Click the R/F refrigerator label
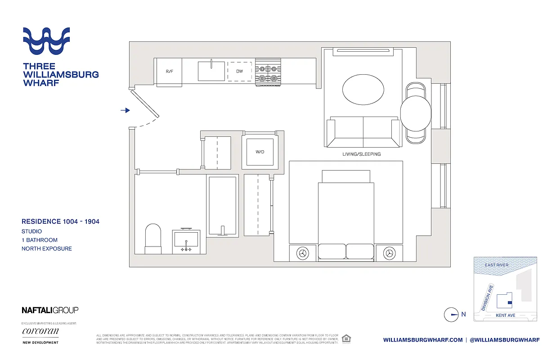pos(169,72)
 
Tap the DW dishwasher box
pos(240,72)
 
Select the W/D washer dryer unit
pos(260,152)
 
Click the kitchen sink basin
pos(211,71)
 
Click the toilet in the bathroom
pos(153,238)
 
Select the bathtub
pos(222,205)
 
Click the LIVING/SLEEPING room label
pos(361,154)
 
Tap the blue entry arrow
pos(126,110)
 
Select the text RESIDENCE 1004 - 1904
pos(60,221)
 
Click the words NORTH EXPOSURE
pos(47,248)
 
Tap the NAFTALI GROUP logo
pos(50,310)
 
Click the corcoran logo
pos(40,332)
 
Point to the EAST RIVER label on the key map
pos(497,265)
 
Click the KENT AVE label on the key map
pos(505,315)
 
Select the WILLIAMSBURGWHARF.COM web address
pos(423,340)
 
